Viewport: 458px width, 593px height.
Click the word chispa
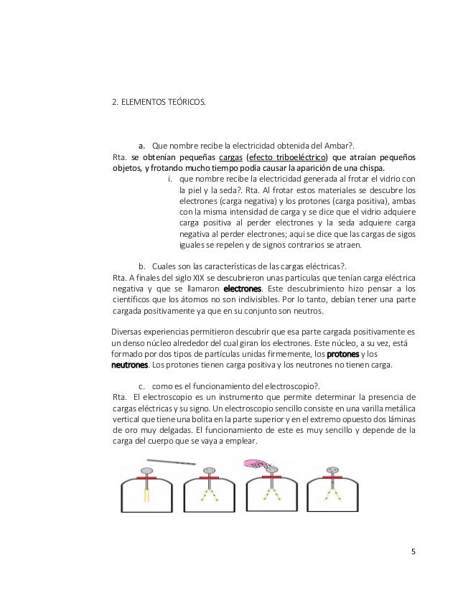369,169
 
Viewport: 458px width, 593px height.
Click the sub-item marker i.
169,179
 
